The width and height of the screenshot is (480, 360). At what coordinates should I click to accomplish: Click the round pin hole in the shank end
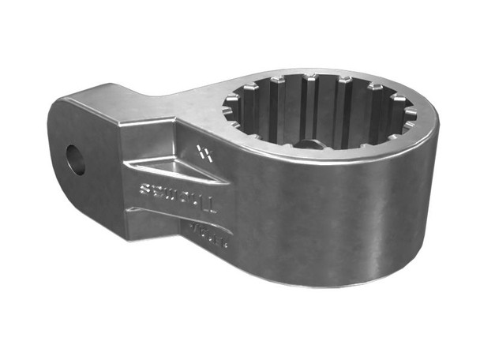pos(77,159)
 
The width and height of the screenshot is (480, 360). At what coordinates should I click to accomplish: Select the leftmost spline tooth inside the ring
pos(233,107)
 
